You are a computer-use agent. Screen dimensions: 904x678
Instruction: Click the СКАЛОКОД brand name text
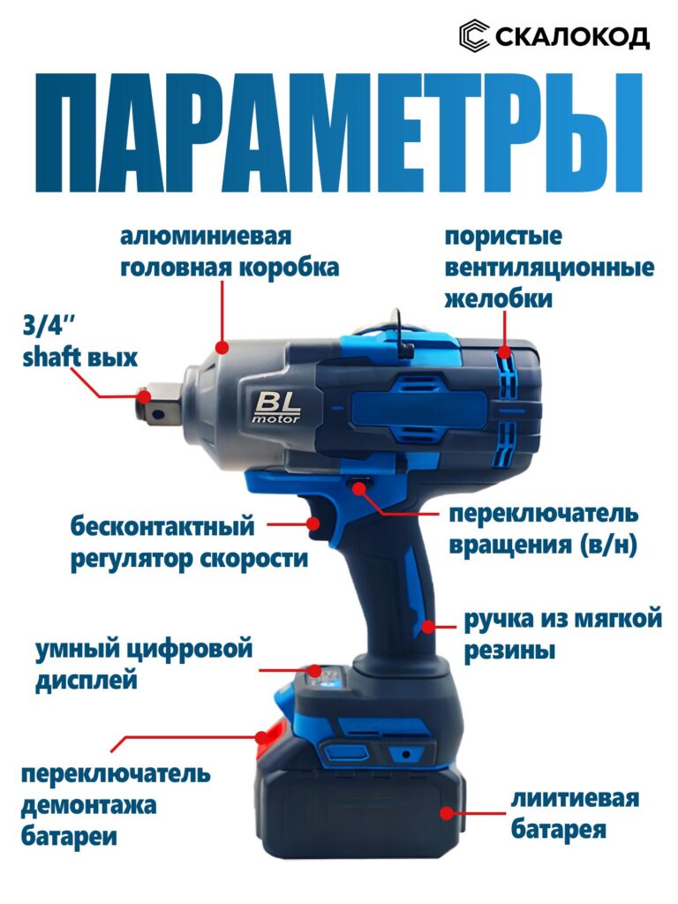tap(572, 36)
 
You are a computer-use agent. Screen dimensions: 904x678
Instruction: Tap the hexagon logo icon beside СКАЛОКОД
tap(474, 36)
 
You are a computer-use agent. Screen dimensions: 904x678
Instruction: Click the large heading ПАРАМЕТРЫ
tap(339, 132)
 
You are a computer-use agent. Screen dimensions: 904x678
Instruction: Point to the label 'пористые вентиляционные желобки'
tap(548, 268)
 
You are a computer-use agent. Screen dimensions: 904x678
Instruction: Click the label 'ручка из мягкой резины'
tap(562, 634)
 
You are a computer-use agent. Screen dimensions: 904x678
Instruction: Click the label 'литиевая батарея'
tap(574, 814)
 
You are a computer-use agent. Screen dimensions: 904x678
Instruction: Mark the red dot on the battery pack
tap(448, 813)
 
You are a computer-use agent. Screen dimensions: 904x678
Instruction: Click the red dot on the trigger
tap(313, 524)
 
